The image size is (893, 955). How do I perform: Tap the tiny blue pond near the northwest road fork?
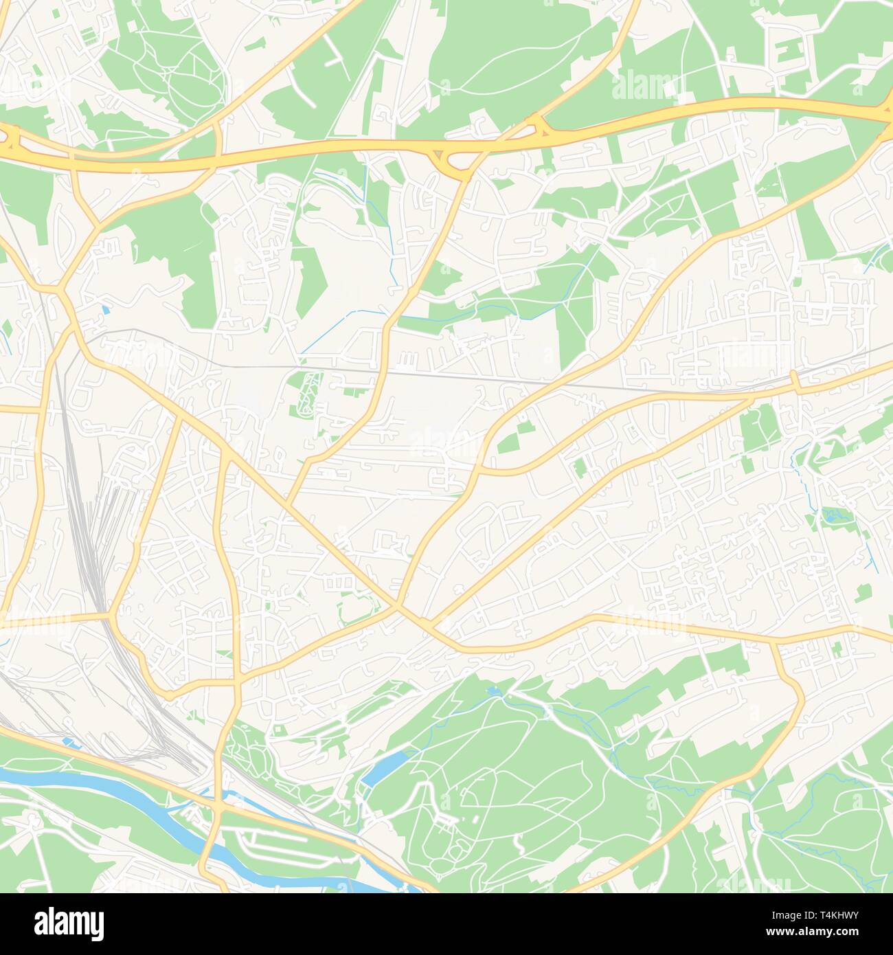104,310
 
